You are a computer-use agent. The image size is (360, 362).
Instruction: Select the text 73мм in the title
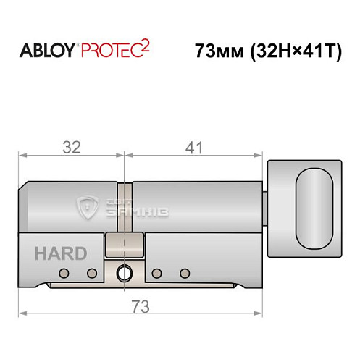(x=218, y=52)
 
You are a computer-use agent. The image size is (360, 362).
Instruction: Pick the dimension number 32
(x=70, y=147)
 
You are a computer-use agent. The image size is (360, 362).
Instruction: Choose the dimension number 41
(x=192, y=147)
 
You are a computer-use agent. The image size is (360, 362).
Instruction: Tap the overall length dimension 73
(x=139, y=306)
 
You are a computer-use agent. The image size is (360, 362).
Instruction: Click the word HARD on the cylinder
(x=61, y=253)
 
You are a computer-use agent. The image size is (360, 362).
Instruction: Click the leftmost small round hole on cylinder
(x=64, y=273)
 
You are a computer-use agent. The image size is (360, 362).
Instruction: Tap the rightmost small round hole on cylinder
(x=184, y=273)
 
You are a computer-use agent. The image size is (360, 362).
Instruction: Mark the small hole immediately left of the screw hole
(x=92, y=273)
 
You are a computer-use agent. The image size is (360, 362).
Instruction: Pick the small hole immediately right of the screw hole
(x=156, y=273)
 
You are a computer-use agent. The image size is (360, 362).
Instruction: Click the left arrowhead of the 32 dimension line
(x=22, y=155)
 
